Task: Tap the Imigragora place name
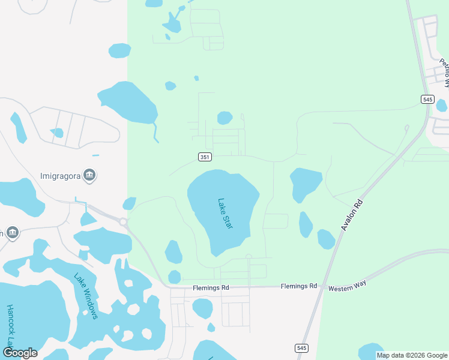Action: (x=60, y=176)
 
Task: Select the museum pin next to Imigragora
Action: (x=90, y=175)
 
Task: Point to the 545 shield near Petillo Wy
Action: (x=427, y=100)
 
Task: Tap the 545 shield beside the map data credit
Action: (x=301, y=348)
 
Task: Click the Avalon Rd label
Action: (x=352, y=215)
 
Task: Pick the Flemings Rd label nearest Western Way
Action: (x=298, y=287)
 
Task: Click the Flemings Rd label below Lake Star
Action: (x=211, y=288)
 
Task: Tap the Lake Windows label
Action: (x=85, y=296)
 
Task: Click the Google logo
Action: (x=20, y=353)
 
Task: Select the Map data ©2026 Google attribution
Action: (x=412, y=355)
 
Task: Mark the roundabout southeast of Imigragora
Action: (x=124, y=221)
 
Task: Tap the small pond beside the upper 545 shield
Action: (x=442, y=106)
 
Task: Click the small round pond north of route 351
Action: (x=224, y=118)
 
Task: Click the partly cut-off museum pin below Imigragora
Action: (x=12, y=232)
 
